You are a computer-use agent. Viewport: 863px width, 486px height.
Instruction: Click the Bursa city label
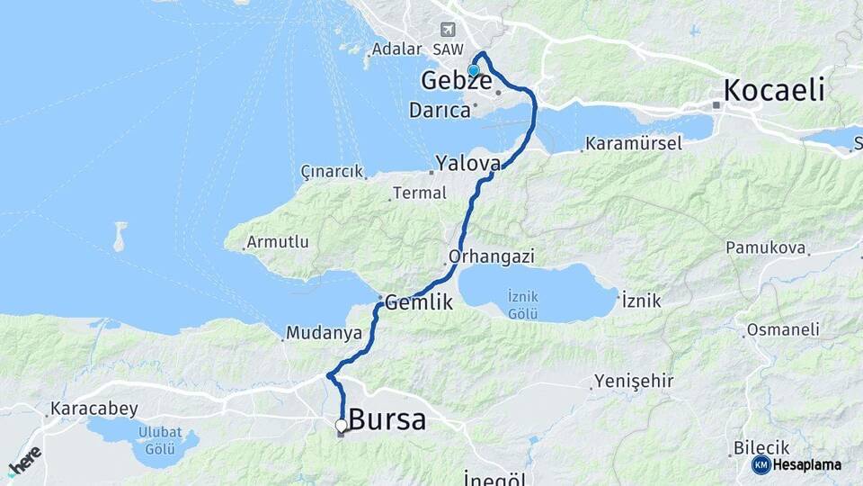point(387,419)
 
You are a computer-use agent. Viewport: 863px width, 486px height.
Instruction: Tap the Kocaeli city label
point(774,90)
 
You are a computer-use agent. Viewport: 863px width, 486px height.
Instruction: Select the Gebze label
point(456,82)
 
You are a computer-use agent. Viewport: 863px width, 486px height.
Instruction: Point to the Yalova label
point(467,164)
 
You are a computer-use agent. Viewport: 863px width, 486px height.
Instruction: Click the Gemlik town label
point(419,303)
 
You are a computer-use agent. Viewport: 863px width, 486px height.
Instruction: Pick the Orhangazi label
point(492,256)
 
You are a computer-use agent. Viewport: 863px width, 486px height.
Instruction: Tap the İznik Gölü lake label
point(522,304)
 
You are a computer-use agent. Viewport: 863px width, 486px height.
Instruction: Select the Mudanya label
point(324,333)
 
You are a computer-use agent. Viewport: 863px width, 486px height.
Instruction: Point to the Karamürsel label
point(634,143)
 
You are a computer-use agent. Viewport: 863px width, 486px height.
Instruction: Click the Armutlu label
point(278,242)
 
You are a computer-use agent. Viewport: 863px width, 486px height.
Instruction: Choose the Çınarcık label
point(333,171)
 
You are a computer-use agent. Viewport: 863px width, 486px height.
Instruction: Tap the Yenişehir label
point(634,381)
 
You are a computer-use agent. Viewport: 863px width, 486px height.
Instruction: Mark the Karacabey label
point(94,409)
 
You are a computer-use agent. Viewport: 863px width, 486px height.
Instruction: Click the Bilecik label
point(761,447)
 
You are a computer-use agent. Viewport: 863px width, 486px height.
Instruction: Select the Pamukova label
point(762,247)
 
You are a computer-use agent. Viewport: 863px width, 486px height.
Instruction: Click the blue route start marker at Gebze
point(474,70)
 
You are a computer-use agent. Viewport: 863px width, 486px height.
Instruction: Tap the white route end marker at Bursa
point(341,425)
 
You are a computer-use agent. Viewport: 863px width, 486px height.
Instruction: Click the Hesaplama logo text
point(806,464)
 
